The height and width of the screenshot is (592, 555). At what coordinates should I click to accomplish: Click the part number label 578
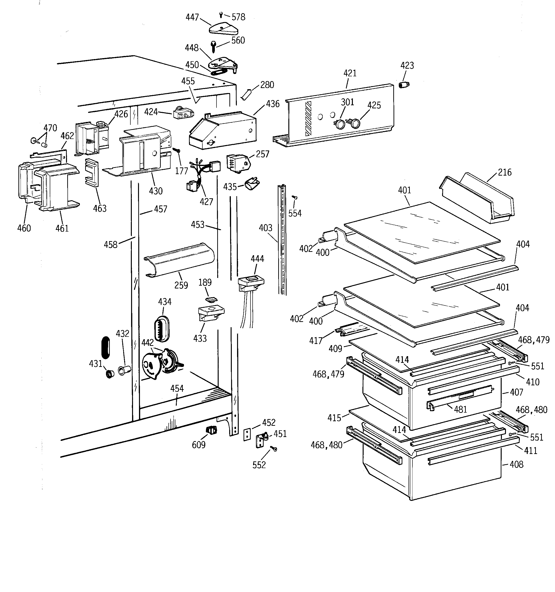click(238, 17)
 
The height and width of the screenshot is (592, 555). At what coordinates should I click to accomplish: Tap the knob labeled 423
click(404, 85)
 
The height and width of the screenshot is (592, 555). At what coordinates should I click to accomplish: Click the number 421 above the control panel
click(350, 73)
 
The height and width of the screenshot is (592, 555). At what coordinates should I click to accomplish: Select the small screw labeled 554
click(295, 197)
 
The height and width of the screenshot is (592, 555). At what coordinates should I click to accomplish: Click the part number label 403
click(266, 228)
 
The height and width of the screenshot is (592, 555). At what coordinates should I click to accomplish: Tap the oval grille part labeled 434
click(162, 328)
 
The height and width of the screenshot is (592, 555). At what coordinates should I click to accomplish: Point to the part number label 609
click(199, 445)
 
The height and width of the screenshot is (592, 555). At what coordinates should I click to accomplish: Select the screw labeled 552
click(273, 448)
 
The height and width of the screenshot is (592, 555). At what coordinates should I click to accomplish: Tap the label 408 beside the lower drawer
click(516, 464)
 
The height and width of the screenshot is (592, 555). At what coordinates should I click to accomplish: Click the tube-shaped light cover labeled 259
click(179, 260)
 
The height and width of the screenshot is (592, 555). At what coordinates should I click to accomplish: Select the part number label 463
click(100, 208)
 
